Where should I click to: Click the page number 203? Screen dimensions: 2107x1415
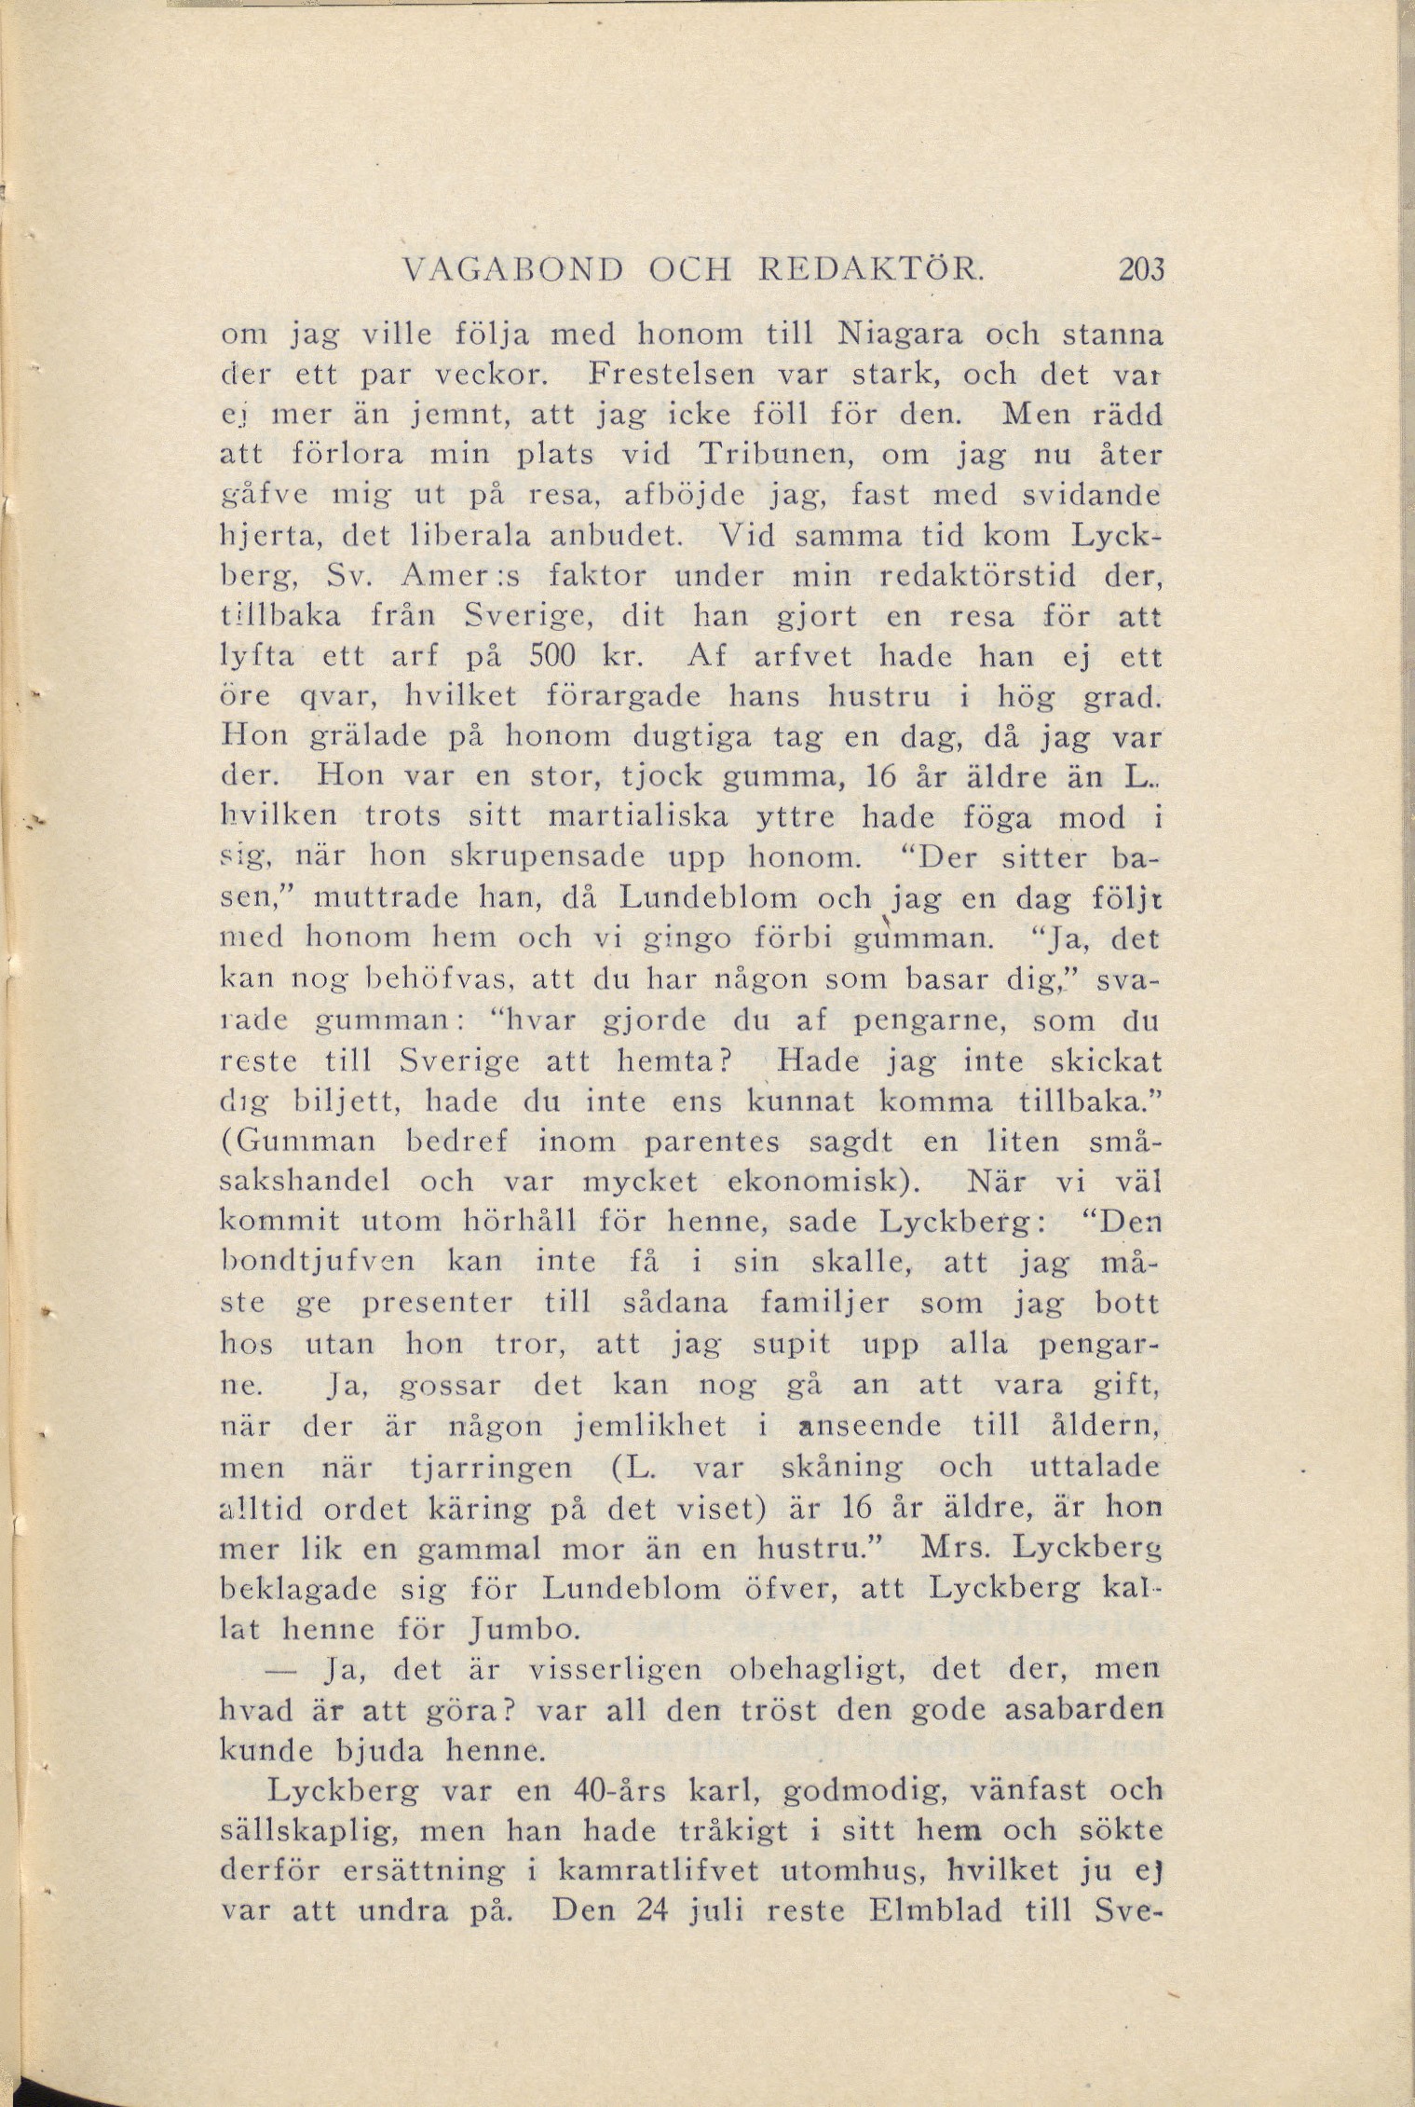[1133, 270]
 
